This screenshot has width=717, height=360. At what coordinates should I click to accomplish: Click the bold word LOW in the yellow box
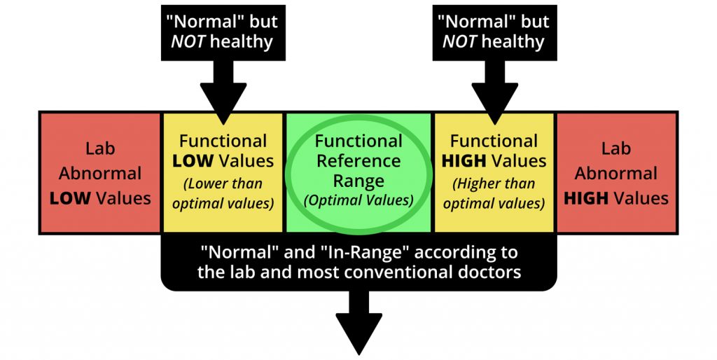pos(193,160)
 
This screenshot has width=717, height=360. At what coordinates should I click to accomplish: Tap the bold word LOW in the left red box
pos(69,198)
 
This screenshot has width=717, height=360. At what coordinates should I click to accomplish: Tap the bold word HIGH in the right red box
pos(586,198)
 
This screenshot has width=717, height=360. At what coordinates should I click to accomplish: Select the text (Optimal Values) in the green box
pos(358,200)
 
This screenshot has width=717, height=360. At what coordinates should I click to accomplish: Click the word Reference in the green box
pos(358,160)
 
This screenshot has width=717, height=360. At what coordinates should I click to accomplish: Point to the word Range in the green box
pos(358,181)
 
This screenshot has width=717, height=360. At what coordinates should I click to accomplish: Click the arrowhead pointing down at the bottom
pos(359,333)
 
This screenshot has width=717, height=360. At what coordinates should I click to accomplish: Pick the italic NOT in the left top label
pos(188,41)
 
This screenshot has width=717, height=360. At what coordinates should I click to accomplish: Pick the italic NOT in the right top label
pos(459,41)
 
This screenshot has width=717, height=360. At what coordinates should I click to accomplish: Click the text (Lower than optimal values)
pos(223,193)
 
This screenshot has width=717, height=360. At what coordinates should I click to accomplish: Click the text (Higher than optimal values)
pos(494,193)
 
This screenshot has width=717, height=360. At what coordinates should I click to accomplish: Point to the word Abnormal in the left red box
pos(100,174)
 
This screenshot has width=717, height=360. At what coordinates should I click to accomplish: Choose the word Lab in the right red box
pos(616,148)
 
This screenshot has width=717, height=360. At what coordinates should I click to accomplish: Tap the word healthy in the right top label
pos(513,41)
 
